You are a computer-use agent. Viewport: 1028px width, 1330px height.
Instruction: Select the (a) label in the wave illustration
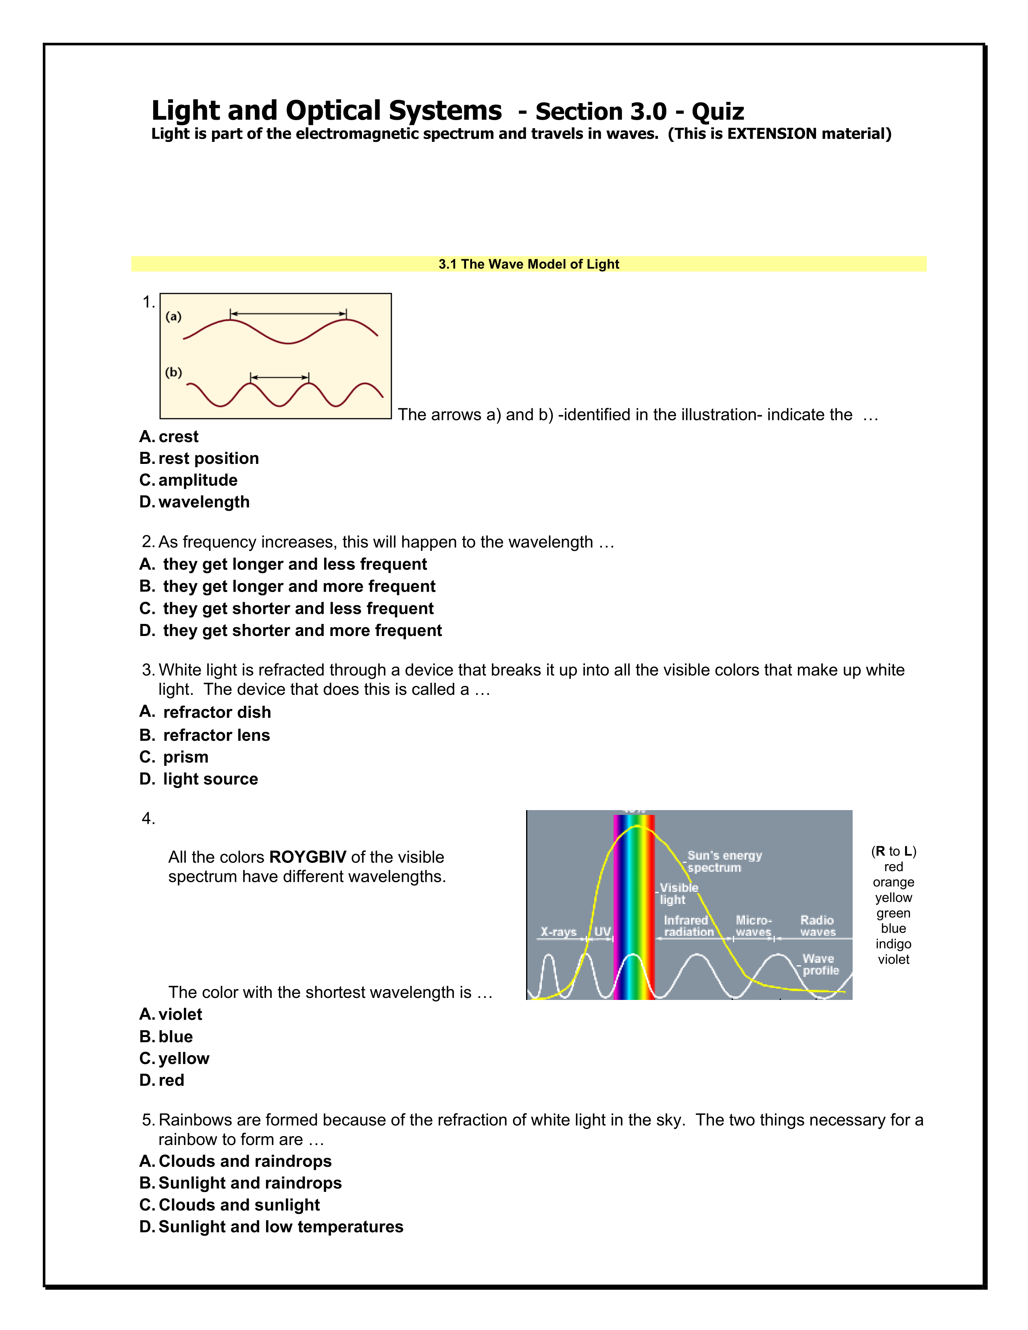point(174,317)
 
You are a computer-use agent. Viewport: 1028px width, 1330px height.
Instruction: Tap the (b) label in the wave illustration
point(174,372)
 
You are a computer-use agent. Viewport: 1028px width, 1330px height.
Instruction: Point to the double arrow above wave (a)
point(288,314)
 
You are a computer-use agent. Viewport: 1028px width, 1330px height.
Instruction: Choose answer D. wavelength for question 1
point(194,502)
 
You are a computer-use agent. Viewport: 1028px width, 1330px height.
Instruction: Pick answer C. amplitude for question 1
point(188,480)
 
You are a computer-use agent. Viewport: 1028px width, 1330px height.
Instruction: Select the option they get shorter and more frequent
point(291,630)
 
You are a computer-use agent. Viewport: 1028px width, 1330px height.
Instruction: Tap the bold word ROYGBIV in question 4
point(308,857)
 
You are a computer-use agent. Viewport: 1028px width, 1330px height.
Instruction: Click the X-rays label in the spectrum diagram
point(558,932)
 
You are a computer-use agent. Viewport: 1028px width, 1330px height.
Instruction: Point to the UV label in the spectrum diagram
point(602,932)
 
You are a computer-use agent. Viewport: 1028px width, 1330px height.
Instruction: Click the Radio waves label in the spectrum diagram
point(817,926)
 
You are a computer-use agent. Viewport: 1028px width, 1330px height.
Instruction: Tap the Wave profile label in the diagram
point(820,964)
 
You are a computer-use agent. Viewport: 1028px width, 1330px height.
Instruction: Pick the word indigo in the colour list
point(893,944)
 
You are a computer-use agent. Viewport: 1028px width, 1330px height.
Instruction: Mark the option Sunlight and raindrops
point(241,1182)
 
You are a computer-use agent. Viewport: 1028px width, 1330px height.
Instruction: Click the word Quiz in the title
point(718,112)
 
